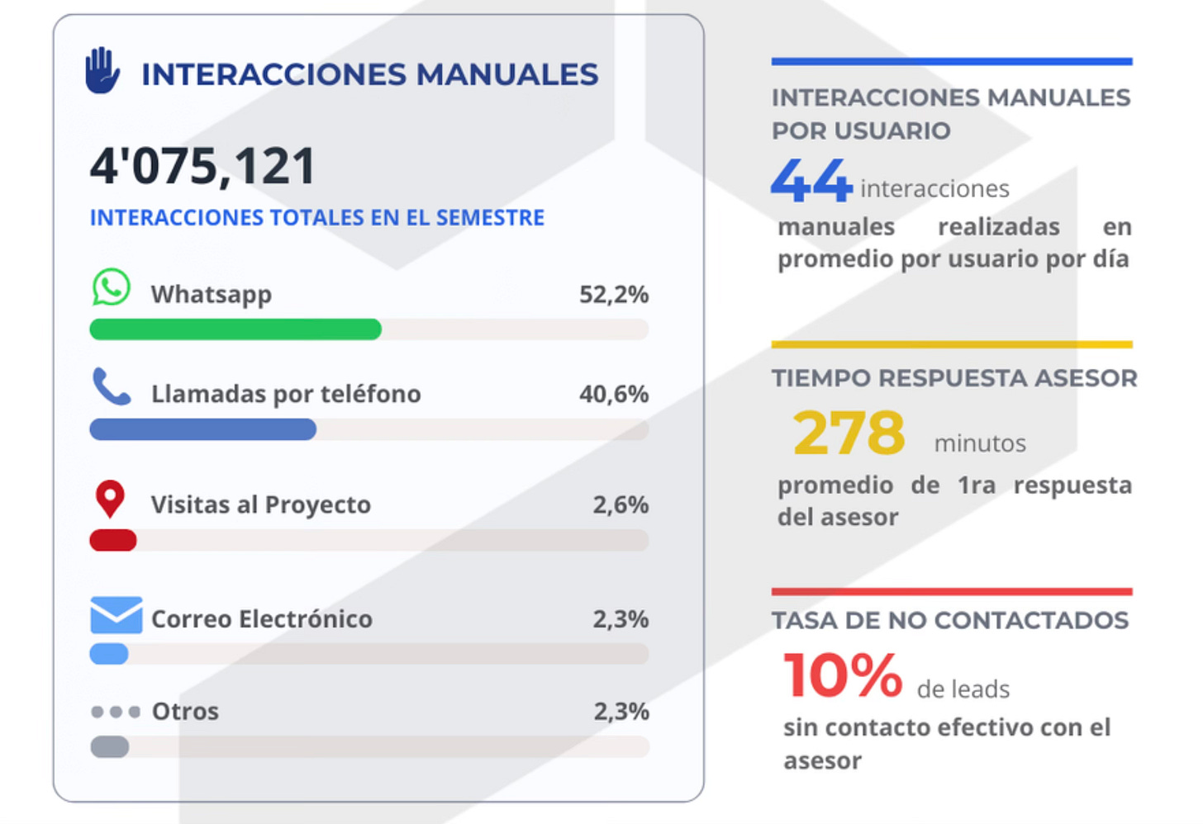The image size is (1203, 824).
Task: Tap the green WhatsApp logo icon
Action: tap(111, 287)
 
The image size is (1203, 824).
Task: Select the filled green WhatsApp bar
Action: tap(235, 329)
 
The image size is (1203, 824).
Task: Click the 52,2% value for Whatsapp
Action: tap(613, 294)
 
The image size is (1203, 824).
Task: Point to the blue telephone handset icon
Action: tap(112, 386)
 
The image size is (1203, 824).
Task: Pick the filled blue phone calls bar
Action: tap(202, 429)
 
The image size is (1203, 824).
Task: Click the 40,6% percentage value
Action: tap(613, 394)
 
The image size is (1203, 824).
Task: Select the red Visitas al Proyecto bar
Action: tap(113, 541)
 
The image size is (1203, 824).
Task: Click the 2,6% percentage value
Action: tap(620, 504)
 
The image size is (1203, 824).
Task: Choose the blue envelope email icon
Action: tap(116, 615)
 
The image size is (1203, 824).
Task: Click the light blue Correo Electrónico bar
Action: tap(109, 654)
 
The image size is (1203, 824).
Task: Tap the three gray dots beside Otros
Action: tap(116, 712)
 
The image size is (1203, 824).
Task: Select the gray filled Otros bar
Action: tap(109, 747)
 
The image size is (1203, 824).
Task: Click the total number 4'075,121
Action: tap(202, 166)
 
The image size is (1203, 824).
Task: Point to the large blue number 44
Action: tap(811, 181)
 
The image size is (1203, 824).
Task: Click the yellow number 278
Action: tap(849, 433)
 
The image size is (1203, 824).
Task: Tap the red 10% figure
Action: tap(843, 675)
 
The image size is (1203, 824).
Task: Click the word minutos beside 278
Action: tap(980, 443)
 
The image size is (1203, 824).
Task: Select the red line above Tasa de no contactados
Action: tap(951, 591)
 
